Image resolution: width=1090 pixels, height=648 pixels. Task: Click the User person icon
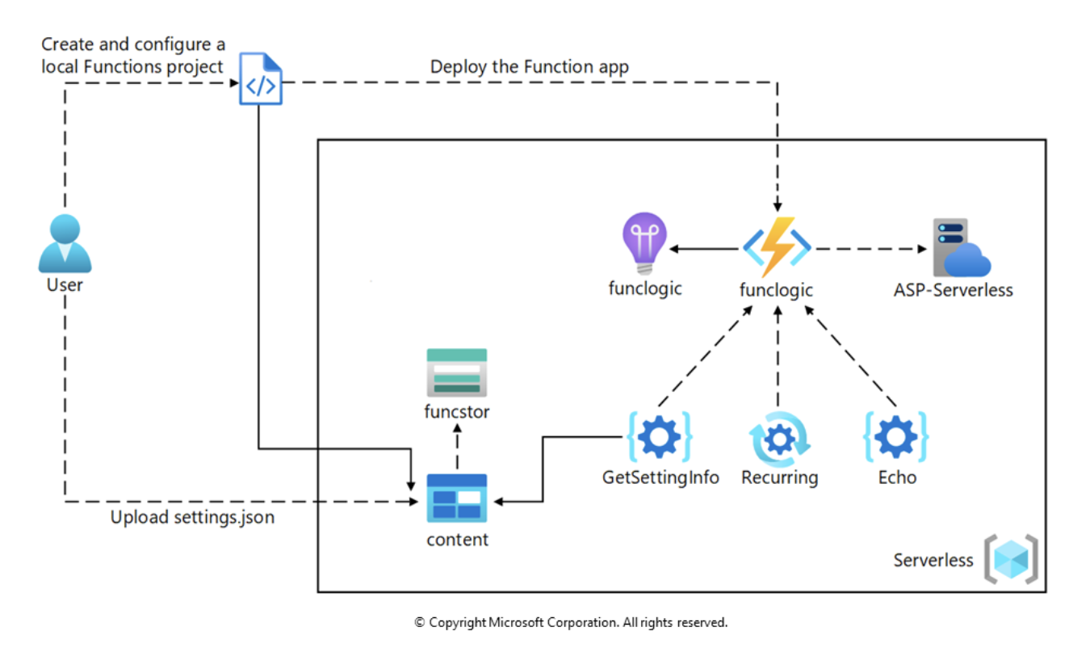[x=65, y=243]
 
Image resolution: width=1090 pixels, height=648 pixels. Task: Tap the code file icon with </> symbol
[x=261, y=80]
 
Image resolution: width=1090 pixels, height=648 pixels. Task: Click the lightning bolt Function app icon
[x=776, y=246]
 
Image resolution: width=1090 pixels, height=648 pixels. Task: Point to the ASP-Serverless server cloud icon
[x=960, y=247]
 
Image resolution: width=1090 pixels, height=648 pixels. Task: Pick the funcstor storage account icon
[x=457, y=372]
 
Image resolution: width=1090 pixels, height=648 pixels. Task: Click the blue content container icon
[x=457, y=497]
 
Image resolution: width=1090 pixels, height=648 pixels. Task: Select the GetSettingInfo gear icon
[x=660, y=437]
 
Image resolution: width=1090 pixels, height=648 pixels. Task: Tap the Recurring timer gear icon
[x=778, y=439]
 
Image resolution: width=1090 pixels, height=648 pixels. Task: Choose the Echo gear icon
[x=896, y=437]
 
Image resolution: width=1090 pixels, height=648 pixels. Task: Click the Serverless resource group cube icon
[x=1011, y=559]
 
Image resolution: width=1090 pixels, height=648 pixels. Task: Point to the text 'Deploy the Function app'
[x=529, y=67]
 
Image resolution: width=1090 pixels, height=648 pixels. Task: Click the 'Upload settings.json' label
[x=192, y=518]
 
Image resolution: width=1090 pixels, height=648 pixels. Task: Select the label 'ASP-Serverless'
[x=953, y=290]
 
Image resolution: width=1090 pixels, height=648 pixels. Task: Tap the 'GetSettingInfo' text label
[x=660, y=478]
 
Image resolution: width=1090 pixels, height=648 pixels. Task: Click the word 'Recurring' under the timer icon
[x=779, y=478]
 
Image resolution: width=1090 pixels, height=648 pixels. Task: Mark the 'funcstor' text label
[x=457, y=412]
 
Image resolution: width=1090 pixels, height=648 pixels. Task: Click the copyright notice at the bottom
[x=571, y=623]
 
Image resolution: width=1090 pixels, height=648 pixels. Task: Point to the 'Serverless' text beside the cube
[x=933, y=560]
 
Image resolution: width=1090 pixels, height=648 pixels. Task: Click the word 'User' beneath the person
[x=65, y=285]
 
